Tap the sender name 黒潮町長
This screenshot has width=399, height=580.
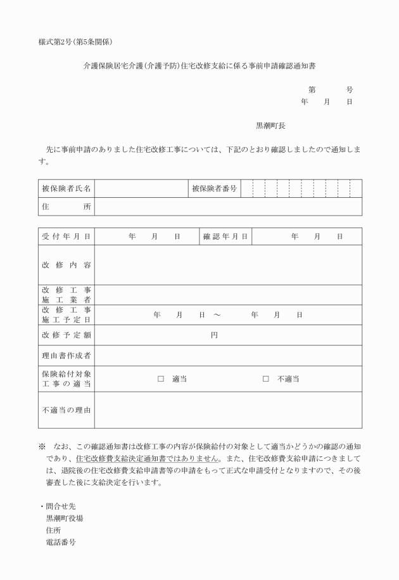[270, 126]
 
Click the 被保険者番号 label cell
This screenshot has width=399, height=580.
[214, 188]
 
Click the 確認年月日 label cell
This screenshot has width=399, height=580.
[225, 236]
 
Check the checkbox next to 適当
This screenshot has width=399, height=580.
[161, 379]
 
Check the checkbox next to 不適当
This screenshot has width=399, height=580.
[266, 379]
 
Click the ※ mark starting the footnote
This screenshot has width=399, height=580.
[42, 447]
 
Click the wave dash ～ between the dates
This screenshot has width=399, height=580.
[217, 314]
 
